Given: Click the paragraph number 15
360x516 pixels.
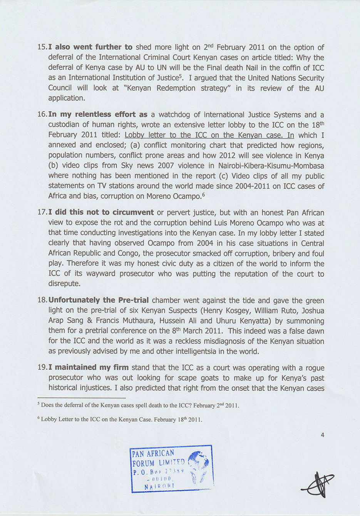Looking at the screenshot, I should pos(42,47).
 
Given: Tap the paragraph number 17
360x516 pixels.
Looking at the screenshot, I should pos(42,212).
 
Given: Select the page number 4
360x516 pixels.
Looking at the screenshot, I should pos(322,435).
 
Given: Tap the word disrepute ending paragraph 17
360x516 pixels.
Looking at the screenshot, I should pos(64,284).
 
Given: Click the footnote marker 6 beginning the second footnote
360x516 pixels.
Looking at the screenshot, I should pos(39,418).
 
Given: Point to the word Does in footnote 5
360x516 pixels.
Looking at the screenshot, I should pos(47,405).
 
